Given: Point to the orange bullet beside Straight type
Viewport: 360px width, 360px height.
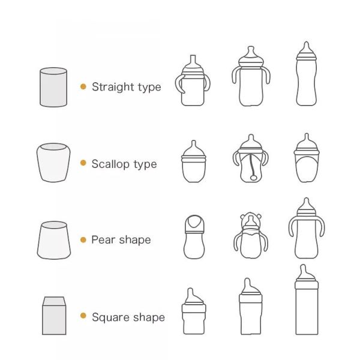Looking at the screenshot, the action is (83, 86).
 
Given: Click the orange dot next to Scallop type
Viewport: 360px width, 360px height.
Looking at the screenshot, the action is (83, 163).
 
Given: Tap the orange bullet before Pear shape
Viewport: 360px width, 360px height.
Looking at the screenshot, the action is (83, 240).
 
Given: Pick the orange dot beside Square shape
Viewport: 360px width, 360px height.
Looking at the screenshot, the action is (83, 316).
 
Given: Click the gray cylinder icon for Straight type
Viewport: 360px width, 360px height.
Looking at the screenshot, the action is (53, 87).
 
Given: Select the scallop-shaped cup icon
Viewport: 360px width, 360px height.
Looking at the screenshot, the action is (53, 163).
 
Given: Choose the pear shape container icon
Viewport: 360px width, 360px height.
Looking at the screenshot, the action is (54, 240).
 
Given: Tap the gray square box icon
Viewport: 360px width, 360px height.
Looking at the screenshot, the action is (54, 316).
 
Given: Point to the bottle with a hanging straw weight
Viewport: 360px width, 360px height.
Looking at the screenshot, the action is (251, 158).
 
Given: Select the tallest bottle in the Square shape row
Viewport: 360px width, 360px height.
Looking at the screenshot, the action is (307, 299).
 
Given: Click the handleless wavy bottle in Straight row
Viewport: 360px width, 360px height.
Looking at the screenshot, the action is (307, 74).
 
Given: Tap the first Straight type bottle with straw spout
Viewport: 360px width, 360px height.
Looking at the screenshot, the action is (193, 80).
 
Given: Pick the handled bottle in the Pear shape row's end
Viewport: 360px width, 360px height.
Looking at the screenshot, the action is (307, 228).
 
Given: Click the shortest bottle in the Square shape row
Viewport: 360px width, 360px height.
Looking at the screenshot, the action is (194, 311).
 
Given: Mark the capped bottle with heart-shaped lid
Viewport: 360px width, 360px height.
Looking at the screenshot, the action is (194, 237).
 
